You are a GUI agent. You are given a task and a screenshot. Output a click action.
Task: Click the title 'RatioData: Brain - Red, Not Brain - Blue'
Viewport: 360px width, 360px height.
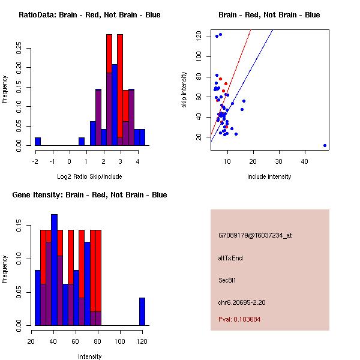[x=90, y=15]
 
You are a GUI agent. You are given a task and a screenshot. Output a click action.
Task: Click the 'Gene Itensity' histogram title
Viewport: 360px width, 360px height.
[x=90, y=195]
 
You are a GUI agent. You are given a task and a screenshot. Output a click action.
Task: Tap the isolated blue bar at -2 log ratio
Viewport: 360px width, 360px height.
[x=38, y=142]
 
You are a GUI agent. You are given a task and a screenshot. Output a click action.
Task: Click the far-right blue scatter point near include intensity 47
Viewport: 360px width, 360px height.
[x=325, y=145]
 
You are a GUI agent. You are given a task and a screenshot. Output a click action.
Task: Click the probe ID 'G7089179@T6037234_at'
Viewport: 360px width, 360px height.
[x=255, y=235]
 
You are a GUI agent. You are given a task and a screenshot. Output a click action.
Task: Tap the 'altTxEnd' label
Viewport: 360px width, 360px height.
[x=230, y=258]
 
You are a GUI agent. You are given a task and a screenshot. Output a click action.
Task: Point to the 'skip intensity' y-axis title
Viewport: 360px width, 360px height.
[x=184, y=90]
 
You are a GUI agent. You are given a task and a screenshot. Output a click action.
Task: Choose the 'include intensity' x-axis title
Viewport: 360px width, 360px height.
[x=269, y=176]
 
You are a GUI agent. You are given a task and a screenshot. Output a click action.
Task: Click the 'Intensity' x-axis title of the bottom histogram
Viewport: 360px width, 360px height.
[x=90, y=356]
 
